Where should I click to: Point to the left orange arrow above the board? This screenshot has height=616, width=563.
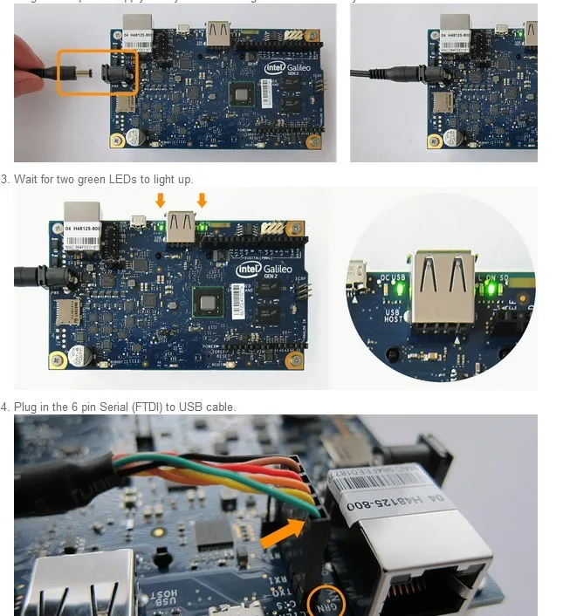tap(160, 201)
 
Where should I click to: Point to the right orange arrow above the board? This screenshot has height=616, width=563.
tap(202, 201)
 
